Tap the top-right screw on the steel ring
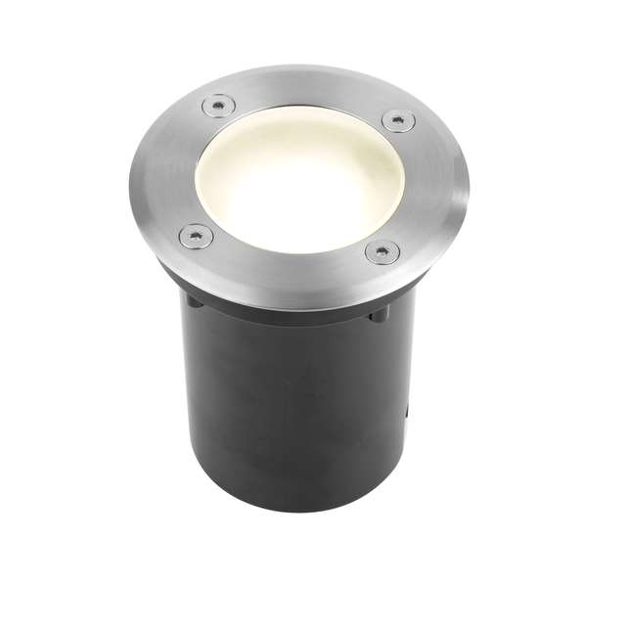coord(397,120)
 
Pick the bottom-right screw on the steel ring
coord(381,251)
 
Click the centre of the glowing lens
coord(293,186)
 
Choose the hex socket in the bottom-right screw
coord(381,251)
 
